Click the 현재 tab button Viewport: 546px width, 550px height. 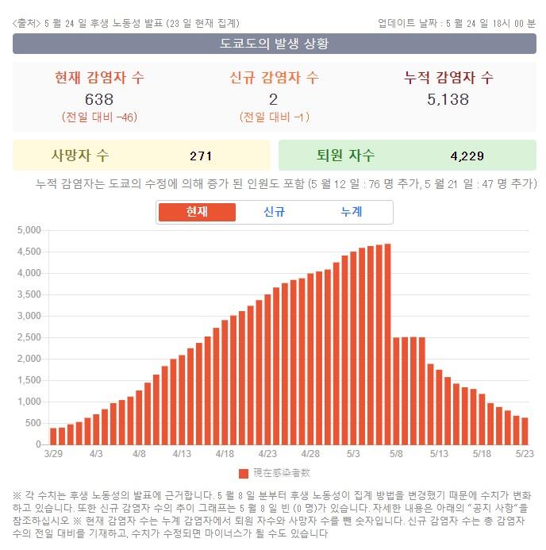coord(197,212)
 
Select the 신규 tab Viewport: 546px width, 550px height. coord(274,212)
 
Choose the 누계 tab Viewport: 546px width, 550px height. coord(351,212)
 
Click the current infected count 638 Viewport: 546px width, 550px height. coord(99,99)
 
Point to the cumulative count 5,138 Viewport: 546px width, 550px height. coord(448,99)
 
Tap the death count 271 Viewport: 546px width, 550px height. coord(201,156)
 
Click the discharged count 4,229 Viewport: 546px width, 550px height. coord(467,156)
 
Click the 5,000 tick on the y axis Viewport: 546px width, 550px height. coord(29,230)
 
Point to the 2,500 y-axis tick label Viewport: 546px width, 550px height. coord(29,337)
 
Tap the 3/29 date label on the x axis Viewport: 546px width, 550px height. coord(53,455)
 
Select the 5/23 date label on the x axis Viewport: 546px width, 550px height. coord(525,455)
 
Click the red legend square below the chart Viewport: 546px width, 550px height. coord(244,473)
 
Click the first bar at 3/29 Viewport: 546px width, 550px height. coord(53,436)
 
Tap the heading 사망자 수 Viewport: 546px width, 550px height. coord(80,155)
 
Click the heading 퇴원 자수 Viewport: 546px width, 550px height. coord(346,155)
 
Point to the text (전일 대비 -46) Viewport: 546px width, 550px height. coord(99,117)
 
